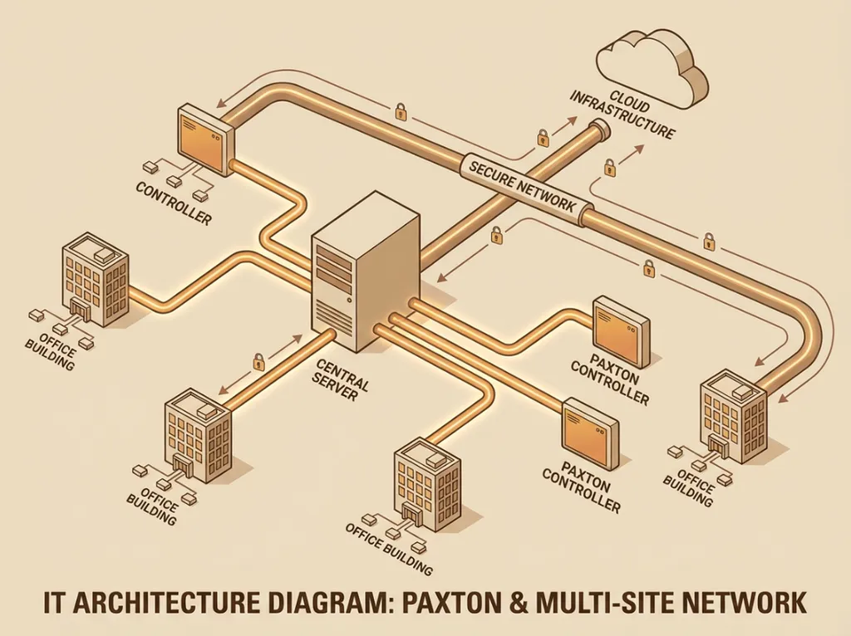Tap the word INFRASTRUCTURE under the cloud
coord(622,117)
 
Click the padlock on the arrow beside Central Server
coord(258,361)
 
